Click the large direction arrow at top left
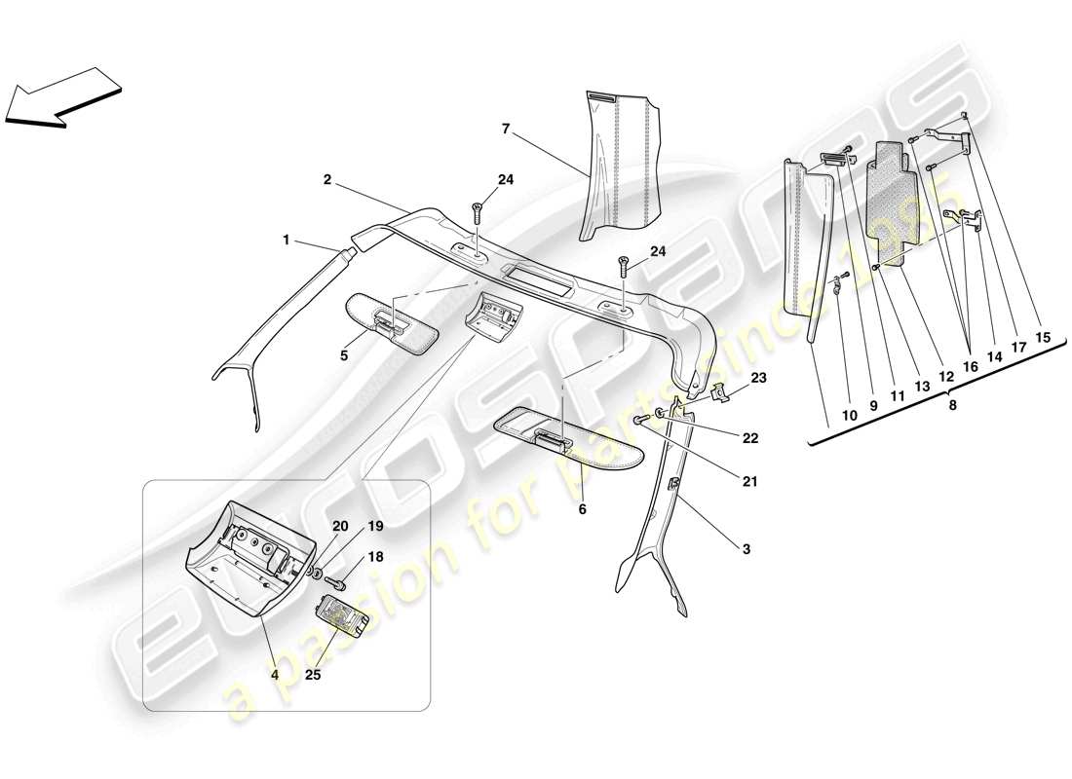63,97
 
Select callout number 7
506,128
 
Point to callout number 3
746,549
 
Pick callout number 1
286,239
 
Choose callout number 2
327,179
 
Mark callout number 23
758,377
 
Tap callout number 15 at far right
1043,338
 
